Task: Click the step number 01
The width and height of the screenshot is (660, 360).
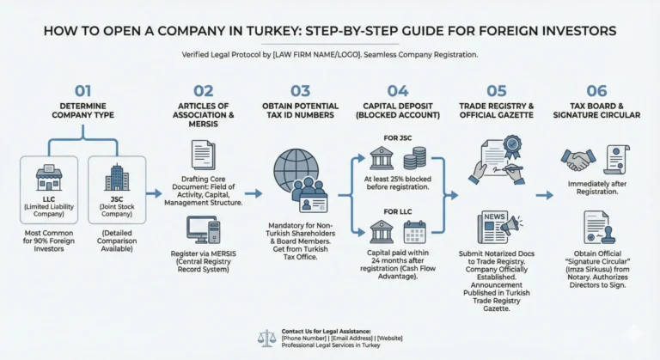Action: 82,90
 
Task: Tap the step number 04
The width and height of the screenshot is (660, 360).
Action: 398,90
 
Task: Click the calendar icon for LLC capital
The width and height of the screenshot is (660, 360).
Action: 415,233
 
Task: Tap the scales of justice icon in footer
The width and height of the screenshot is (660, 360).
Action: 267,338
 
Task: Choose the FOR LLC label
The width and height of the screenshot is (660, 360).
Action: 398,211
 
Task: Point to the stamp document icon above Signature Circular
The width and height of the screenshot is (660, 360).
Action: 596,229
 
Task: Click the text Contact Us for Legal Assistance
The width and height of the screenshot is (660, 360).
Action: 326,331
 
